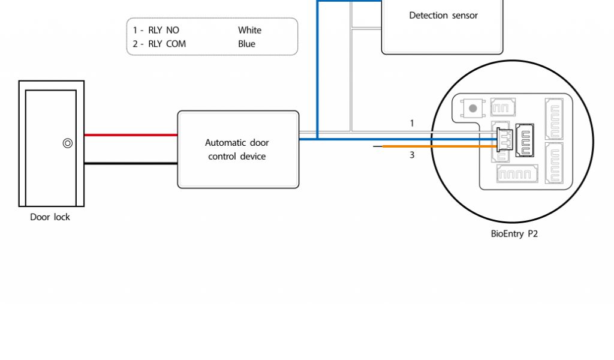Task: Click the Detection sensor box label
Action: pyautogui.click(x=443, y=16)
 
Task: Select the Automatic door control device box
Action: pyautogui.click(x=237, y=149)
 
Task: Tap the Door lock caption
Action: pyautogui.click(x=50, y=217)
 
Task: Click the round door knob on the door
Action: pyautogui.click(x=68, y=143)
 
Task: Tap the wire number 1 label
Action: pyautogui.click(x=412, y=124)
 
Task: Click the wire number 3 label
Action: pyautogui.click(x=412, y=155)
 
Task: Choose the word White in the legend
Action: pyautogui.click(x=249, y=30)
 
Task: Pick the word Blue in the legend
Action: pyautogui.click(x=246, y=44)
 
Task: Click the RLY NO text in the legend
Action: pyautogui.click(x=163, y=30)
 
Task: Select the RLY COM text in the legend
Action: pyautogui.click(x=167, y=44)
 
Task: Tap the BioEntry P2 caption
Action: pyautogui.click(x=514, y=234)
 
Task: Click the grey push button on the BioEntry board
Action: pyautogui.click(x=473, y=109)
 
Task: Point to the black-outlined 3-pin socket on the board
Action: pyautogui.click(x=525, y=140)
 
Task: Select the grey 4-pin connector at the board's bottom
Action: pyautogui.click(x=517, y=175)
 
